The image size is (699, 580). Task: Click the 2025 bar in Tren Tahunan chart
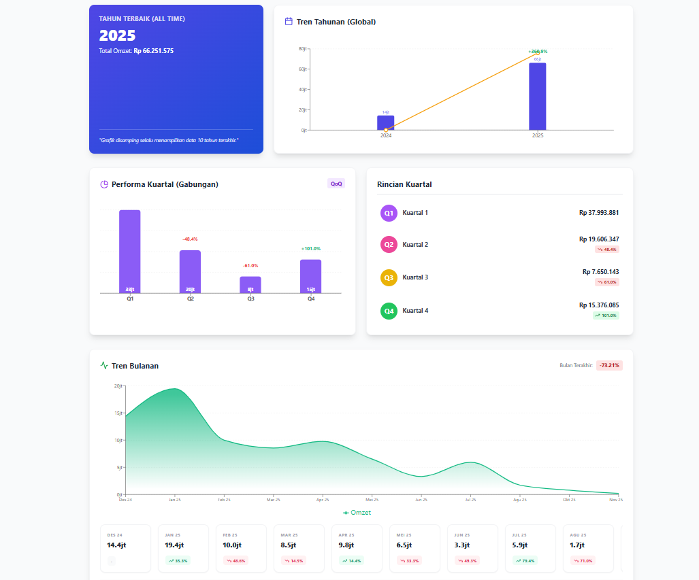tap(537, 97)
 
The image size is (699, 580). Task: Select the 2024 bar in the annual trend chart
tap(385, 123)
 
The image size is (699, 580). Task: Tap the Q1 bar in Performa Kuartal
tap(130, 251)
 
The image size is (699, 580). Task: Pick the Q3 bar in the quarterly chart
tap(250, 284)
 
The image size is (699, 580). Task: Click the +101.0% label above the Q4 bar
tap(310, 249)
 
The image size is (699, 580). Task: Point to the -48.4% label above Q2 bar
tap(190, 239)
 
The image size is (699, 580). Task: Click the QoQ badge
tap(336, 184)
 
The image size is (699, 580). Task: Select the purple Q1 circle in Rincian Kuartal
tap(389, 213)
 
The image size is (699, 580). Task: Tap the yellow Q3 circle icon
tap(389, 277)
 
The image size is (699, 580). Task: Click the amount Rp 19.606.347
tap(599, 239)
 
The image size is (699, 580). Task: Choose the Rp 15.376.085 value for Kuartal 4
tap(599, 305)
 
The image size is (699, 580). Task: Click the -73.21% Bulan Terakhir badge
tap(609, 366)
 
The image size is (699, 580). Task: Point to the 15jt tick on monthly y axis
tap(118, 413)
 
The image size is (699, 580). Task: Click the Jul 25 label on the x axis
tap(470, 500)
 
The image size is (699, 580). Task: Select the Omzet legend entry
tap(357, 513)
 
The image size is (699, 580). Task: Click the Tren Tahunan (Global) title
tap(336, 22)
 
